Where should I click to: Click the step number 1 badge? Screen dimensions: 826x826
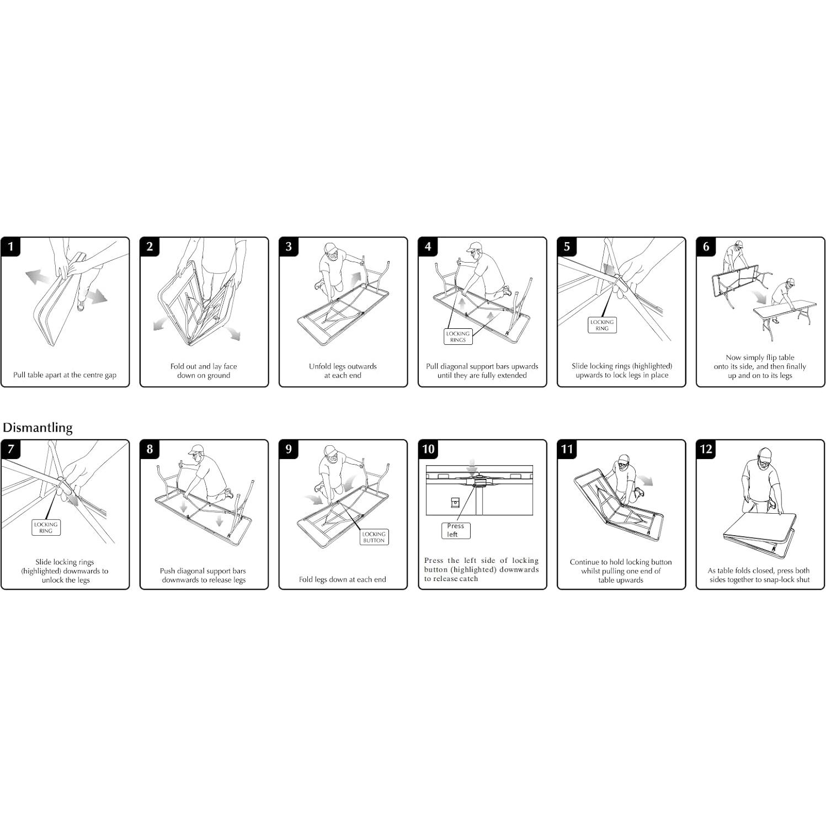pos(11,247)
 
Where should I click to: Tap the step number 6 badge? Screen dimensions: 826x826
pos(706,247)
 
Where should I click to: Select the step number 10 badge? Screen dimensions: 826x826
pos(428,449)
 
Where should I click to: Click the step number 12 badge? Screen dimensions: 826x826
pos(706,449)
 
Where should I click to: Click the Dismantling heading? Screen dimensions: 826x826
pos(38,428)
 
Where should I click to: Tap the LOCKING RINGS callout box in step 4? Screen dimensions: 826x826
pos(458,337)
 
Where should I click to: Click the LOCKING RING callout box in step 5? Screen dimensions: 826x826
pos(602,325)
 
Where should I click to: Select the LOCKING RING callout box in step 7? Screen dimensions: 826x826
pos(46,527)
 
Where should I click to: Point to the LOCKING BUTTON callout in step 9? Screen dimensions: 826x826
pos(374,537)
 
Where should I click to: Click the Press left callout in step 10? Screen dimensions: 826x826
pos(455,530)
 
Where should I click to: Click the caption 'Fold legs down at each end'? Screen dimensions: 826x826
pos(343,579)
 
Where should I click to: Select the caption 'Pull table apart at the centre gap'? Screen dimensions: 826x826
pos(65,375)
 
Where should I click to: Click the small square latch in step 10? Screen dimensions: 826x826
pos(455,503)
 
